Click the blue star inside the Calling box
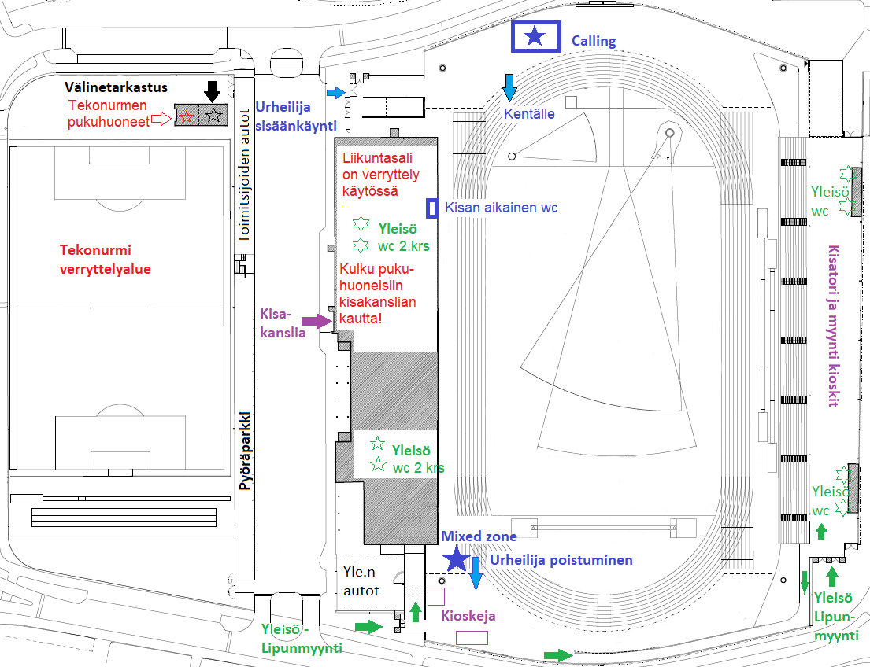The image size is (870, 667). (535, 37)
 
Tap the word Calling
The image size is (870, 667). (594, 41)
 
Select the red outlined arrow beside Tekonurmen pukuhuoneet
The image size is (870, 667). (161, 118)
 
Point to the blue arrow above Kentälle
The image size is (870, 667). (509, 87)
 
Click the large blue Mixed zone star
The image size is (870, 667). (457, 558)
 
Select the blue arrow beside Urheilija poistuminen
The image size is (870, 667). (476, 573)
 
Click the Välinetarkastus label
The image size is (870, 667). (116, 87)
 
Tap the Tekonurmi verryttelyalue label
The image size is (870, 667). (105, 260)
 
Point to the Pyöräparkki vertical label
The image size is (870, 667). (245, 450)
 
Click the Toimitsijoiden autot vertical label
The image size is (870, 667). (244, 175)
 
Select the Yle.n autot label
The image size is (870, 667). (361, 581)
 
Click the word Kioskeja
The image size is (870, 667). (468, 616)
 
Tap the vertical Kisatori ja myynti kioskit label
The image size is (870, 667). (833, 326)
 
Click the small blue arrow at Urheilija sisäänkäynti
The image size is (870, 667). (336, 93)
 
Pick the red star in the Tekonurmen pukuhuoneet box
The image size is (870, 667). (187, 116)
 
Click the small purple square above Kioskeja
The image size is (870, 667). (436, 596)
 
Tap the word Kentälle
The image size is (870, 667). (529, 114)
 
